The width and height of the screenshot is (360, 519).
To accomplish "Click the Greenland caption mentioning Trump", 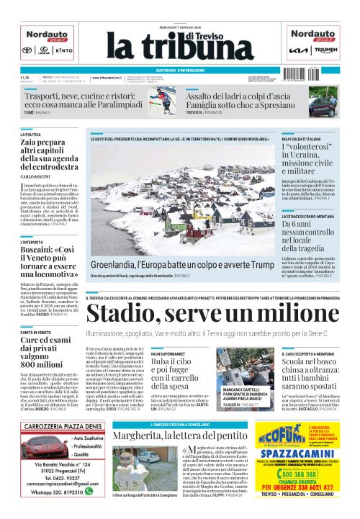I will click(183, 264).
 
